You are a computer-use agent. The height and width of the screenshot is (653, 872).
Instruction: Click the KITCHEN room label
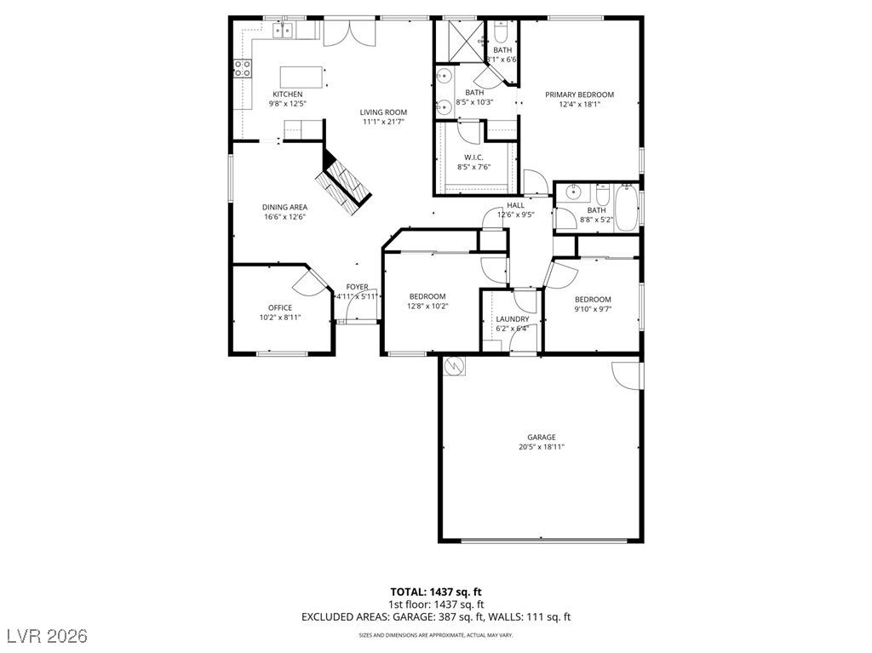[x=287, y=94]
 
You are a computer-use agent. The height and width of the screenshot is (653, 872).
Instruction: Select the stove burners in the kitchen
[x=243, y=68]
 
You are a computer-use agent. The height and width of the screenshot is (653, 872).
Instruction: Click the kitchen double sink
[x=283, y=32]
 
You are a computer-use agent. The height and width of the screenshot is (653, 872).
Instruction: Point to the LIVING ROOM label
[x=382, y=112]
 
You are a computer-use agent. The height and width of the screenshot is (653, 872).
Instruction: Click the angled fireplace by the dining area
[x=345, y=182]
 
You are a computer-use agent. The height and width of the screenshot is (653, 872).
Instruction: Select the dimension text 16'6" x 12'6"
[x=284, y=217]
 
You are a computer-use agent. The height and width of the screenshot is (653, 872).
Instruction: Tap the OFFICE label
[x=279, y=307]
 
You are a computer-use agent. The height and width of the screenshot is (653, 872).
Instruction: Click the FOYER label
[x=357, y=287]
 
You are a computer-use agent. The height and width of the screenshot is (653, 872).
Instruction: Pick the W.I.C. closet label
[x=473, y=157]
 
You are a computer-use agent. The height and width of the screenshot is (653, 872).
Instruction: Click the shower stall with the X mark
[x=461, y=39]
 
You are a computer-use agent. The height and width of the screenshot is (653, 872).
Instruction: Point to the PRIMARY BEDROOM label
[x=579, y=95]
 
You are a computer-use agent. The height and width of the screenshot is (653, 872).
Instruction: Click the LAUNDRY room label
[x=512, y=319]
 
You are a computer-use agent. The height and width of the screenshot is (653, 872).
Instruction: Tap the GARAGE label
[x=541, y=436]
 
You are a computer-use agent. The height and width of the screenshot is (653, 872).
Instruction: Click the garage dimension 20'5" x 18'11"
[x=541, y=446]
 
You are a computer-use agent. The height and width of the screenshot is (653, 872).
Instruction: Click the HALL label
[x=515, y=205]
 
